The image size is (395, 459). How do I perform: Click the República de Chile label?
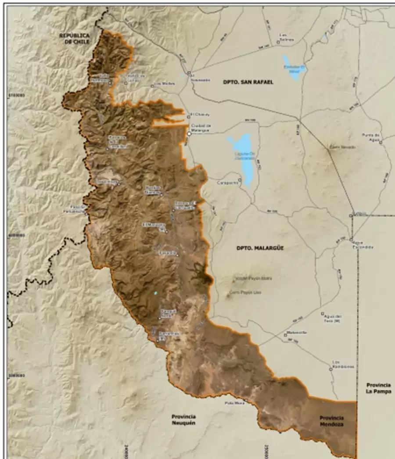click(75, 38)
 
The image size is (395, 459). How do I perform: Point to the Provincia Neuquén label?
click(183, 420)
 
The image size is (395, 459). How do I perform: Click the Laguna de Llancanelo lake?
click(241, 158)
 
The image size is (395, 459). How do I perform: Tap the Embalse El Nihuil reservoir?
click(293, 67)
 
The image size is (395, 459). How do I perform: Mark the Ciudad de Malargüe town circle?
click(190, 133)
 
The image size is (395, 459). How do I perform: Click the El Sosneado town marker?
click(189, 73)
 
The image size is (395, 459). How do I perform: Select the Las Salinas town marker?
click(278, 42)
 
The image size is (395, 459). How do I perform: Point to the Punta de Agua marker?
click(381, 142)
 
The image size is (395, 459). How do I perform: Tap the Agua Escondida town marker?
click(351, 239)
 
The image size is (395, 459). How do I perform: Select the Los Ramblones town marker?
click(331, 369)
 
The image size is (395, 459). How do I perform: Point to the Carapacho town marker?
click(240, 179)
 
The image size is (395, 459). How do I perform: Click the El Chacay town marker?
click(189, 117)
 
